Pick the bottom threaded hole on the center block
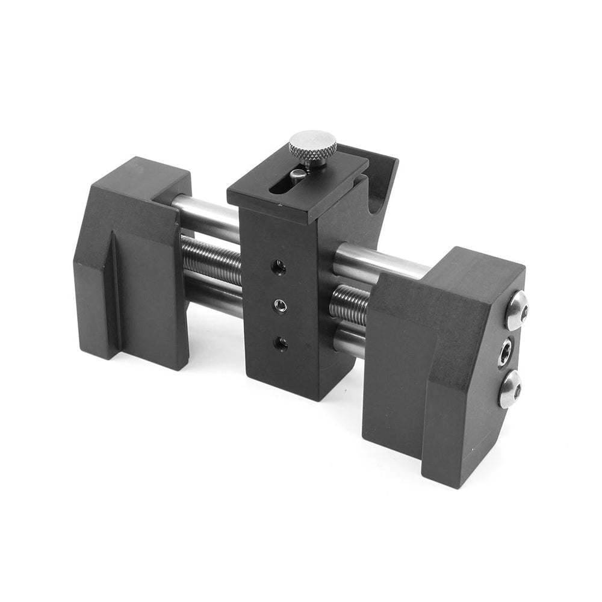[x=280, y=344]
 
